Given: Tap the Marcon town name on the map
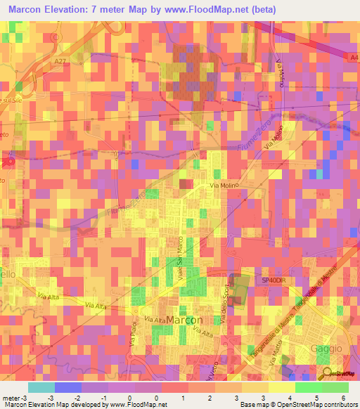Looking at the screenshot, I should [186, 320].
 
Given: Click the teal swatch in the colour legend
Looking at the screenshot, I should [41, 387].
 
